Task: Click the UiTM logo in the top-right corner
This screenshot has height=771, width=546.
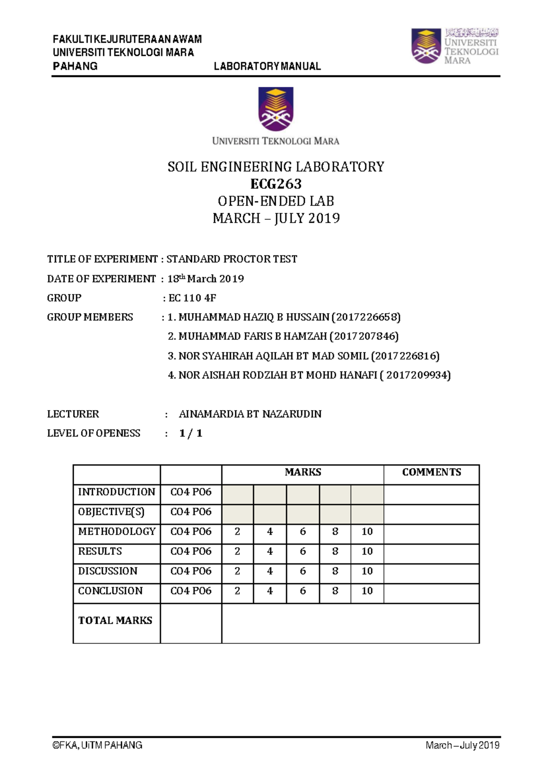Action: click(455, 46)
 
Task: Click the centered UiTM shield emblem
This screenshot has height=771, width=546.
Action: click(276, 109)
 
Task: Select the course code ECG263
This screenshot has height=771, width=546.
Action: click(276, 184)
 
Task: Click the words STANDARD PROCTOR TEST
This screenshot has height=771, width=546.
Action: click(232, 259)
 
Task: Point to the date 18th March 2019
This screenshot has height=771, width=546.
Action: click(206, 279)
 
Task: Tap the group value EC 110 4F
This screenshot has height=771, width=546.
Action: click(192, 298)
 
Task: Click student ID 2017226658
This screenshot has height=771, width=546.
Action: click(366, 317)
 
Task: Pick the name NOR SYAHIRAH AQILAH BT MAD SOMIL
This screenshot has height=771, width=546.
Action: click(273, 356)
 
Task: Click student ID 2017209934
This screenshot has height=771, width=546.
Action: click(418, 375)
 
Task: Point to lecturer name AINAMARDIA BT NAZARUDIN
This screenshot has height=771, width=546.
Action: click(250, 414)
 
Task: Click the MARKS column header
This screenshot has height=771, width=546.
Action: click(303, 472)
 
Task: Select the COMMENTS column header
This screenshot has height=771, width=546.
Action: click(431, 472)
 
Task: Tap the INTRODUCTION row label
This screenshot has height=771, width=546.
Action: click(116, 492)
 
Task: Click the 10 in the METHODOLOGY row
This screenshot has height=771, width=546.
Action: click(367, 531)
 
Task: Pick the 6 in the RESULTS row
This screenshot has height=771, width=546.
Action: click(303, 551)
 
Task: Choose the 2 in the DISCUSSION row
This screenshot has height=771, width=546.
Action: click(237, 571)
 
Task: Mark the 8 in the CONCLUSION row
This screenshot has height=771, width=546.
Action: click(335, 591)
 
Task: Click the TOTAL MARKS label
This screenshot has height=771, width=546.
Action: click(115, 621)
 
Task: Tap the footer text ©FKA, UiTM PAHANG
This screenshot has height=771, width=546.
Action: click(97, 745)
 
